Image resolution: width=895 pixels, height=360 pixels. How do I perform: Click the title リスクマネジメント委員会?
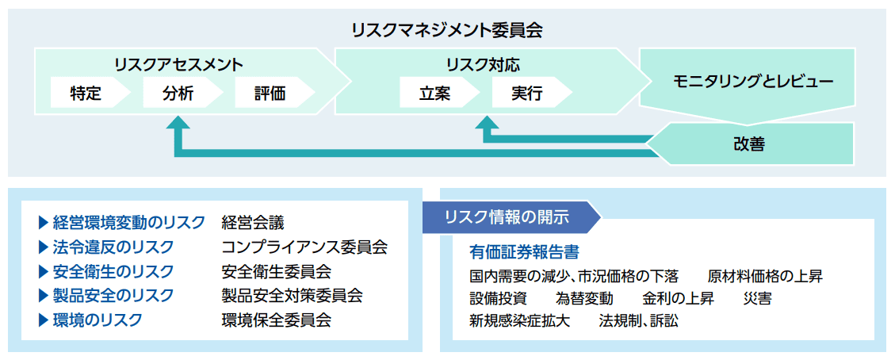(x=447, y=31)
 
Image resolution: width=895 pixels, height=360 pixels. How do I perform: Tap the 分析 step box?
(x=179, y=94)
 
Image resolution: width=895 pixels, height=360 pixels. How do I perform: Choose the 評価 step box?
(x=271, y=94)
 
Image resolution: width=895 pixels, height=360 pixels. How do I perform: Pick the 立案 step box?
(x=436, y=94)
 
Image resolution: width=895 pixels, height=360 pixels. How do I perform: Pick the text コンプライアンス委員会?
(x=304, y=247)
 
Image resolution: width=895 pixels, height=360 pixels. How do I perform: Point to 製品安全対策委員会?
(x=292, y=296)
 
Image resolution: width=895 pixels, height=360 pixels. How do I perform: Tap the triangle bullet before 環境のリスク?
(x=43, y=320)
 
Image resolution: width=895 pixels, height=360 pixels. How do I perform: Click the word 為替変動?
(x=584, y=299)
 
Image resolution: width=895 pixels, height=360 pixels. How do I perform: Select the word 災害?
(x=757, y=299)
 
